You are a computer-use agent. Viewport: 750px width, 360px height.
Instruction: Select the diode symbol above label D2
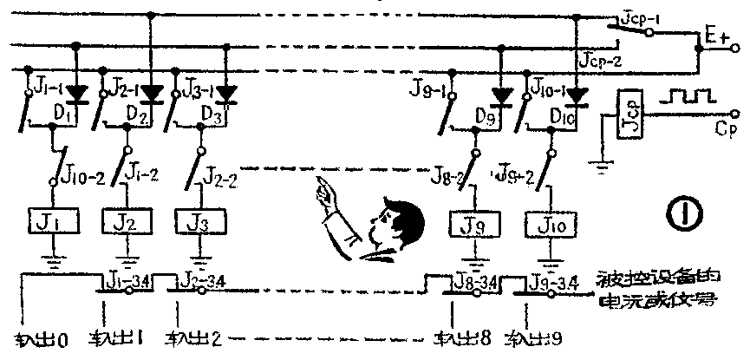tap(153, 90)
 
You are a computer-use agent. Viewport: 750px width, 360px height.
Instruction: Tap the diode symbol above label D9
tap(501, 93)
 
